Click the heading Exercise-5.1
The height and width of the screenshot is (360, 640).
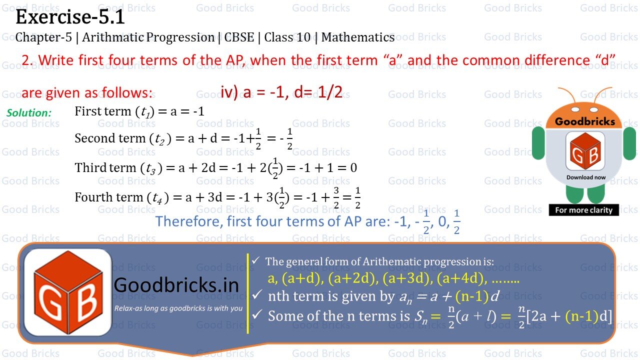tap(70, 17)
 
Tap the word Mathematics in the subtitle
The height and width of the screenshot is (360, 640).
tap(358, 37)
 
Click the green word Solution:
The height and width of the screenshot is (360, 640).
tap(29, 113)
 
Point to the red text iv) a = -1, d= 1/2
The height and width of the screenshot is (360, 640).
tap(281, 92)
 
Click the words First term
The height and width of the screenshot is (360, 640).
tap(102, 111)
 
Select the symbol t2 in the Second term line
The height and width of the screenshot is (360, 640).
tap(160, 139)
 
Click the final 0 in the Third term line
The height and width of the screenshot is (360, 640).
tap(353, 168)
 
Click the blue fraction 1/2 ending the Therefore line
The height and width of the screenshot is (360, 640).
tap(456, 221)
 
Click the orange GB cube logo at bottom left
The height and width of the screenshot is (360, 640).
tap(67, 292)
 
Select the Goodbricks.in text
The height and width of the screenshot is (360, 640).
tap(176, 285)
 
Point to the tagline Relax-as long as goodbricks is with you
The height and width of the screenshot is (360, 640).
tap(178, 308)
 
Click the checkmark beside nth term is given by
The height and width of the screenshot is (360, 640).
tap(256, 295)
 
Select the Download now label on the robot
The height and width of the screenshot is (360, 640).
tap(585, 177)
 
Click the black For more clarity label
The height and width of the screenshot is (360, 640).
tap(583, 210)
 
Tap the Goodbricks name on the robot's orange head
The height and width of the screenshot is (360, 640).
tap(585, 121)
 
